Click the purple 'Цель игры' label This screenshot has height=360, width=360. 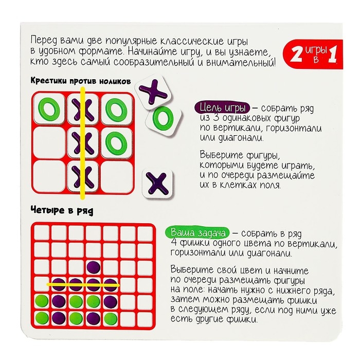[x=222, y=109]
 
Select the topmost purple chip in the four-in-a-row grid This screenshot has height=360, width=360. [x=94, y=266]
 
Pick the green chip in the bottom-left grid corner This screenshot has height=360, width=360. [x=41, y=316]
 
